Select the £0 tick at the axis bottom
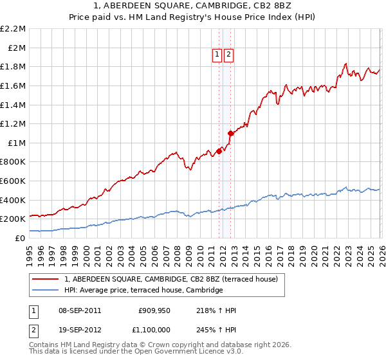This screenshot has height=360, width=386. coord(21,238)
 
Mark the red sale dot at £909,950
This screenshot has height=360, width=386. coord(219,151)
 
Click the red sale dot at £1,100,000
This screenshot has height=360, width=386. coord(230,133)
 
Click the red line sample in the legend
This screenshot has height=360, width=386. coord(46,279)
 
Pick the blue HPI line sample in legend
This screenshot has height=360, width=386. coord(46,291)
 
